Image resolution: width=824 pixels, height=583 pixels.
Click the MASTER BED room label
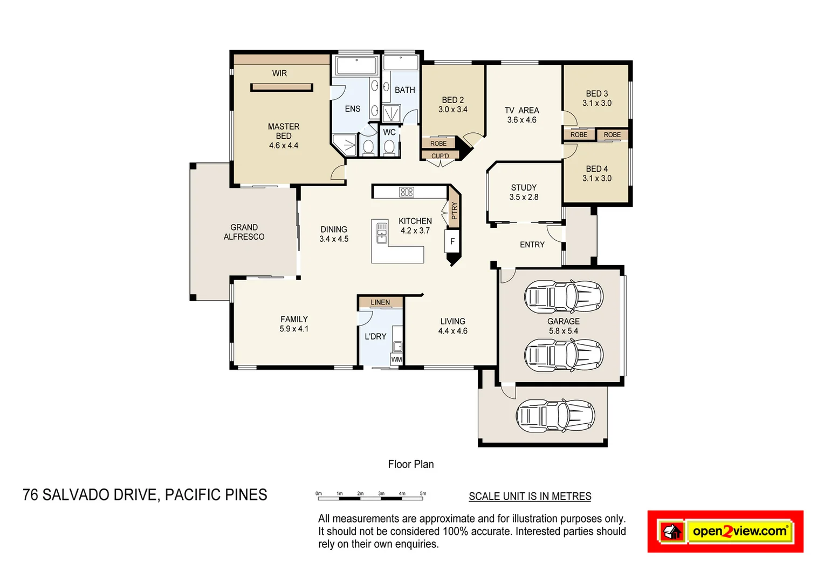click(284, 131)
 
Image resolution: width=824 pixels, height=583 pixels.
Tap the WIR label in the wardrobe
click(279, 73)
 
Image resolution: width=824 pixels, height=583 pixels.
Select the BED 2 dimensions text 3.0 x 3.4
click(452, 110)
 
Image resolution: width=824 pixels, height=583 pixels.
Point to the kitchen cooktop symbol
click(407, 192)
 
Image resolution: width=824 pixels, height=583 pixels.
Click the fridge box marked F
click(452, 241)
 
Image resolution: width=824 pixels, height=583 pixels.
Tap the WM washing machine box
click(396, 360)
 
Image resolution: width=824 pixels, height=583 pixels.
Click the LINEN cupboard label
click(380, 302)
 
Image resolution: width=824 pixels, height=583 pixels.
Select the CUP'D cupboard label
click(440, 156)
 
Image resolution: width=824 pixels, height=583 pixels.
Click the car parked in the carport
click(555, 416)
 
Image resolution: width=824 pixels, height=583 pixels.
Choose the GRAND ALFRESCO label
click(244, 232)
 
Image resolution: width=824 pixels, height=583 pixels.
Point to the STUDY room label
click(524, 188)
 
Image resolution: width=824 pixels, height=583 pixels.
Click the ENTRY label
click(532, 245)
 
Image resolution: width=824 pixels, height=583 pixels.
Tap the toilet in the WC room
click(389, 147)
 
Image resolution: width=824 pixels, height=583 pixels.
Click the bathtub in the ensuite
click(356, 66)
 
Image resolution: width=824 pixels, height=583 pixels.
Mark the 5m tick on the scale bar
click(423, 493)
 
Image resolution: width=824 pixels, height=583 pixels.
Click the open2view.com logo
click(725, 531)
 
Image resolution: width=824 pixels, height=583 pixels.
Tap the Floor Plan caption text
click(410, 464)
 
